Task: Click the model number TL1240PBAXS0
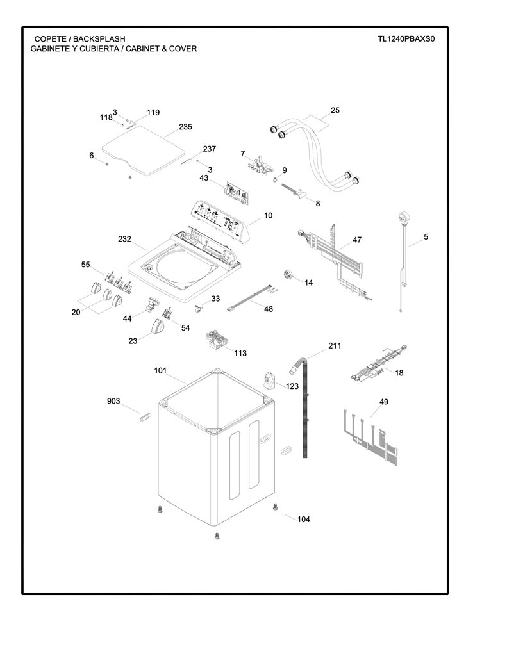[406, 39]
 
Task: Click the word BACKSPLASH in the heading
[99, 39]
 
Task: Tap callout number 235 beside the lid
[185, 127]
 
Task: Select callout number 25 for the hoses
[335, 110]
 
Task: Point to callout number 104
[304, 519]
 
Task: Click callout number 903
[113, 401]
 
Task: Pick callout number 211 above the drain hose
[335, 345]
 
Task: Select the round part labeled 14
[288, 275]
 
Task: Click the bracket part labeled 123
[269, 381]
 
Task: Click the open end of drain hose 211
[293, 370]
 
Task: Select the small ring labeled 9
[274, 180]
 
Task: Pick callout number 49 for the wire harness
[384, 402]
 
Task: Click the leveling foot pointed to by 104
[275, 507]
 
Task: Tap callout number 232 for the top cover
[124, 239]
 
